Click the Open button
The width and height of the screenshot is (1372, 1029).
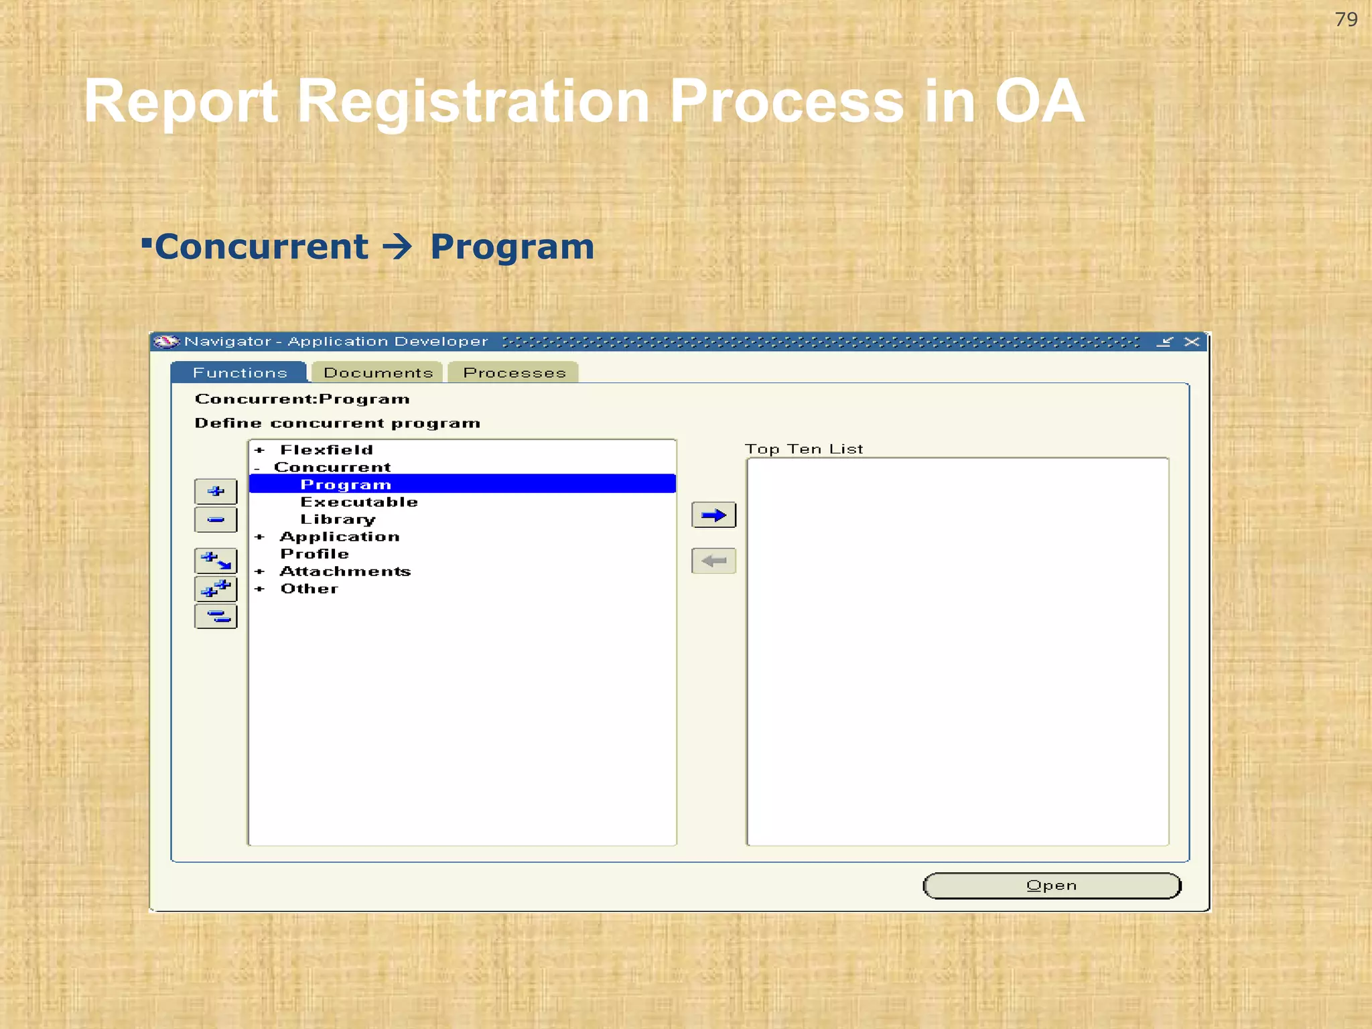coord(1051,886)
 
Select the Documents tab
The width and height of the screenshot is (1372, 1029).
coord(378,372)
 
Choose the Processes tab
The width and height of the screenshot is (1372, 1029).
coord(514,372)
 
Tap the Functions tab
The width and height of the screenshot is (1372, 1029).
coord(240,372)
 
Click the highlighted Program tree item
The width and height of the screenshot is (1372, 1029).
coord(346,484)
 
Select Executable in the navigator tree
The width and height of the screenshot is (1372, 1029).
coord(359,502)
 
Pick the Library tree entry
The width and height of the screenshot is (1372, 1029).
coord(338,519)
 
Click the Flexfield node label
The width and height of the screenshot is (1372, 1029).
coord(326,450)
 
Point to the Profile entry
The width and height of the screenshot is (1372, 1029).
coord(314,554)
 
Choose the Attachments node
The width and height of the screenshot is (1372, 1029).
coord(345,571)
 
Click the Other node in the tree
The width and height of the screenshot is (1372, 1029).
coord(309,589)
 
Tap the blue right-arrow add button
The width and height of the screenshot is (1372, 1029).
coord(713,515)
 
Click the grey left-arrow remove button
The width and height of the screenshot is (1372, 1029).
coord(713,561)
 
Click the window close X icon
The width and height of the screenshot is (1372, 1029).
coord(1192,342)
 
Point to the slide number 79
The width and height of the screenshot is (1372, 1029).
coord(1346,19)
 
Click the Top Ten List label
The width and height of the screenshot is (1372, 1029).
coord(804,449)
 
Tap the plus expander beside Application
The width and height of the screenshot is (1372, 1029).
coord(260,537)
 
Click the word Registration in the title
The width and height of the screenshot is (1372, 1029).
coord(472,101)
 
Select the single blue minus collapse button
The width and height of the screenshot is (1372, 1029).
coord(216,520)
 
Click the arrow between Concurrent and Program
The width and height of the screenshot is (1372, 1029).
coord(398,247)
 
